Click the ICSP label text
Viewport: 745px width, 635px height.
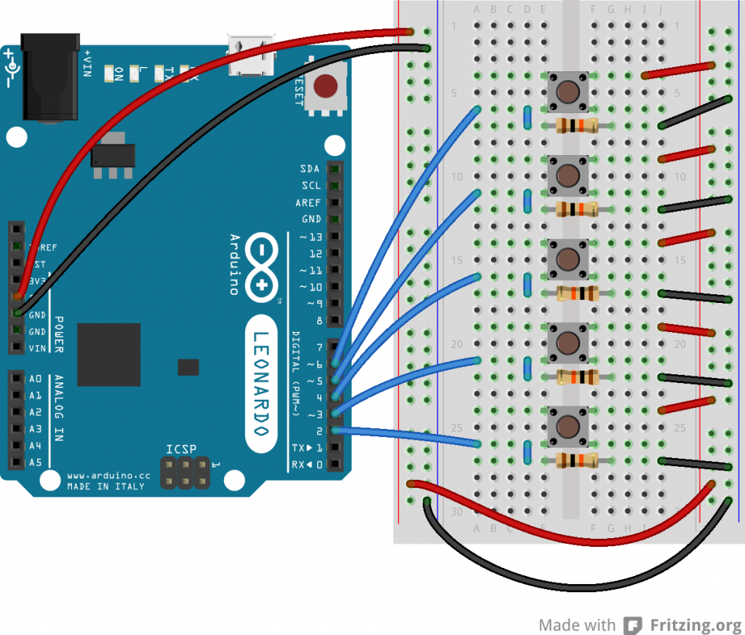click(x=181, y=449)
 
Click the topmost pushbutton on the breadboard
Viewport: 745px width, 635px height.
click(x=567, y=90)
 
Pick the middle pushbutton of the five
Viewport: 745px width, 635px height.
click(x=567, y=258)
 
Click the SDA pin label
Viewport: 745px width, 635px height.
click(x=310, y=169)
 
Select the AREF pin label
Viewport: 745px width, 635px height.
click(x=308, y=202)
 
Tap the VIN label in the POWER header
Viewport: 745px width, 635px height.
click(x=36, y=348)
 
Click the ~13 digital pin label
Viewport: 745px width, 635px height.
click(x=311, y=237)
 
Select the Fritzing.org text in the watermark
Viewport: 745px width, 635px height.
click(x=695, y=625)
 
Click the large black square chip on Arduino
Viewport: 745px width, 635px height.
click(x=109, y=354)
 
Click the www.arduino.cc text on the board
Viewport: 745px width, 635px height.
click(x=108, y=476)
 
